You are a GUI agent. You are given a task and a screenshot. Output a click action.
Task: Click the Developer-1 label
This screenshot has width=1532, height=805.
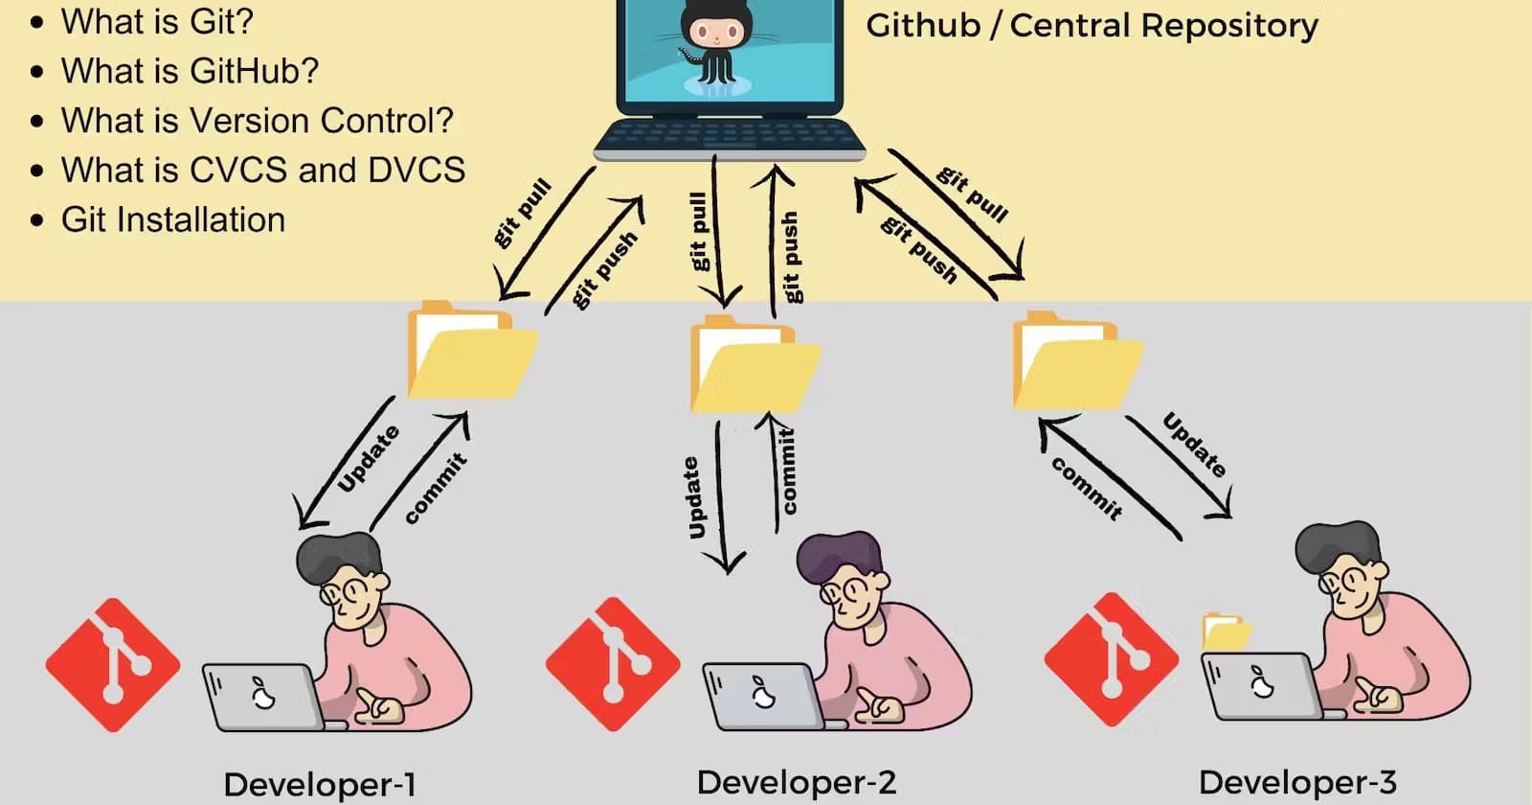[320, 784]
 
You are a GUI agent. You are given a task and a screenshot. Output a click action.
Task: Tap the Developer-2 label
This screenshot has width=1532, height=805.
[797, 782]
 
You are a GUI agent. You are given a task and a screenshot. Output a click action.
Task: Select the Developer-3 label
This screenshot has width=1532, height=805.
[1297, 782]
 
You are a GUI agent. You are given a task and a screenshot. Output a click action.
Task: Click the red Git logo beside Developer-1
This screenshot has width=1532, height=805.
[113, 665]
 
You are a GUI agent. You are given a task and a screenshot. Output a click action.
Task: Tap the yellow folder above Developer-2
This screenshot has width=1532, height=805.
[754, 366]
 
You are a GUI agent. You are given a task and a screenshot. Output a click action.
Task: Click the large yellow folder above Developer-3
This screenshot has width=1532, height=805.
[1075, 362]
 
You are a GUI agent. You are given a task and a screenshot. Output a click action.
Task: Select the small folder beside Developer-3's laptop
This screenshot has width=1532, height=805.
[1225, 632]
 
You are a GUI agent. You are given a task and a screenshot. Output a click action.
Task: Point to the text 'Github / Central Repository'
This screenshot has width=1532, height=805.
[1092, 25]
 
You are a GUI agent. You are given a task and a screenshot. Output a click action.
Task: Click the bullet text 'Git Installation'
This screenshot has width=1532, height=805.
[173, 219]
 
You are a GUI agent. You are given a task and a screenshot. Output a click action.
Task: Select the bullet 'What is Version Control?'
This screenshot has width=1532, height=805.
[257, 120]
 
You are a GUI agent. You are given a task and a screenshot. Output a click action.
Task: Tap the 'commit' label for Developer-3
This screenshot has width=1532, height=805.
[1087, 488]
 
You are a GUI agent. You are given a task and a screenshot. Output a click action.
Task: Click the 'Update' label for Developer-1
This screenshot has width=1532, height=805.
[369, 458]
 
